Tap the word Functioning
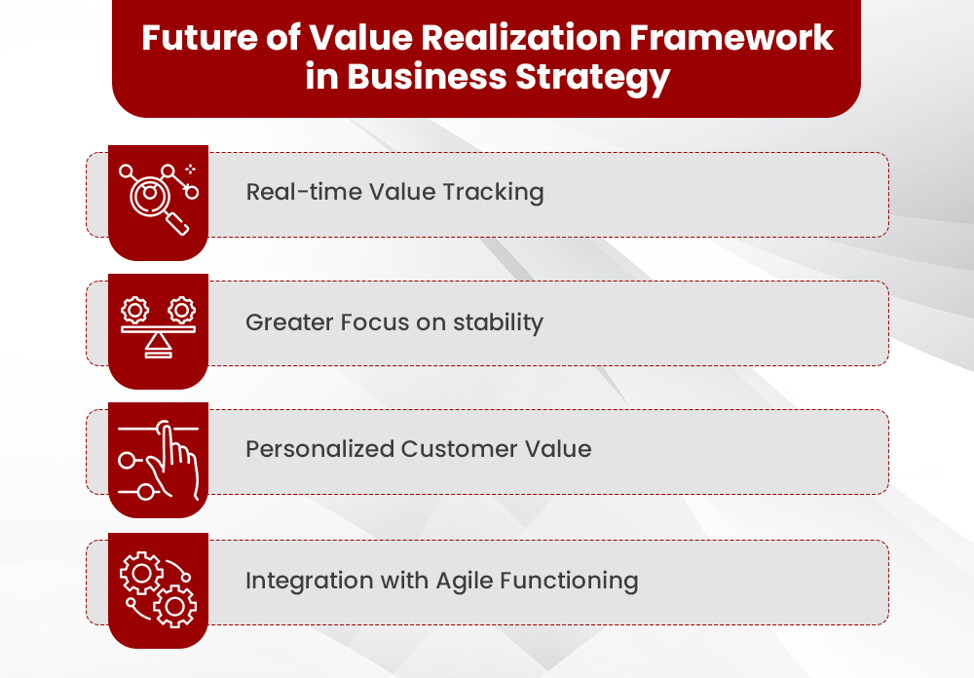[x=569, y=582]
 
